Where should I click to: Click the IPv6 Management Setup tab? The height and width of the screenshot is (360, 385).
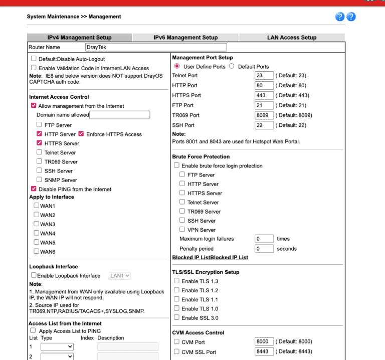coord(185,38)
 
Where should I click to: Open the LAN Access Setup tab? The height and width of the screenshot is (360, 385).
coord(292,38)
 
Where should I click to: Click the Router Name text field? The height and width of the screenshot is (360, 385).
coord(155,47)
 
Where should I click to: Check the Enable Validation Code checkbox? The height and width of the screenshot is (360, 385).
coord(34,68)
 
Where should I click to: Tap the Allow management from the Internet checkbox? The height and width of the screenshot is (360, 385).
coord(34,106)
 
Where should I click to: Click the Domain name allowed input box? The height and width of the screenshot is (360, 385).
coord(119,115)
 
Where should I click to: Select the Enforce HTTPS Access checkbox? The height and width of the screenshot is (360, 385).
coord(81,134)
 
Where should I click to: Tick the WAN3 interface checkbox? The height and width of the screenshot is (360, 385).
coord(36,224)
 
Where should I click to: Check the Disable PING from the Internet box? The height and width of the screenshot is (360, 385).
coord(34,189)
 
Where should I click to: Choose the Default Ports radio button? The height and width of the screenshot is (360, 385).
coord(232,66)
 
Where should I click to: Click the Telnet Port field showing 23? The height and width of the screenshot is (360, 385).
coord(264,76)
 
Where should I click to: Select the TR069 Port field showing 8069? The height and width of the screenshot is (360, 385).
coord(264,115)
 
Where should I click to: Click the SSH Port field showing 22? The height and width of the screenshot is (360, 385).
coord(264,125)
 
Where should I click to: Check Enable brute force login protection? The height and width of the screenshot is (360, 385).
coord(176,165)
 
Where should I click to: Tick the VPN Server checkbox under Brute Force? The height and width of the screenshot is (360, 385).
coord(182,229)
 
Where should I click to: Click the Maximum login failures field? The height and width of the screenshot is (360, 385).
coord(264,239)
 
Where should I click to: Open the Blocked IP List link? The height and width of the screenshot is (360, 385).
coord(210,257)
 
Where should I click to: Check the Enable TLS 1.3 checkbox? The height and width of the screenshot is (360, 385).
coord(176,281)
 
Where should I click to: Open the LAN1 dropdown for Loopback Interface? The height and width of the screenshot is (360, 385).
coord(120,275)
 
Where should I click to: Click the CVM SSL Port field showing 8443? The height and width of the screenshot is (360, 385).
coord(264,351)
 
